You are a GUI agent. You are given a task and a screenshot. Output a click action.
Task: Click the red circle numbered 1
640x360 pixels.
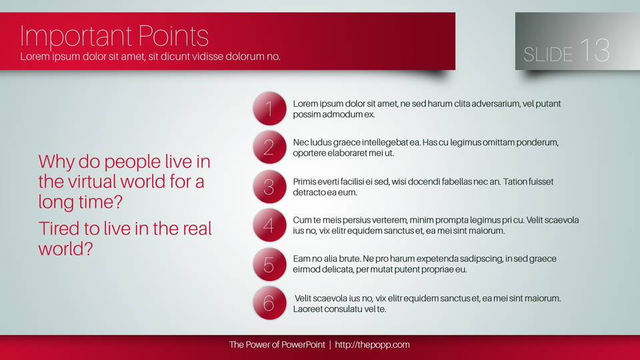click(269, 109)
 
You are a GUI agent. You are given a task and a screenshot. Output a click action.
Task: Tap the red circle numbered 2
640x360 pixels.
click(269, 147)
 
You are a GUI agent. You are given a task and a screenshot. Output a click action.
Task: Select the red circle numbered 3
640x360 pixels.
click(269, 187)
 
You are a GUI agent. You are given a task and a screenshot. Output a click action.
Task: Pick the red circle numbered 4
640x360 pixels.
click(269, 225)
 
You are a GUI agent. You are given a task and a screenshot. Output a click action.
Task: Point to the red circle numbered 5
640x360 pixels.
click(269, 265)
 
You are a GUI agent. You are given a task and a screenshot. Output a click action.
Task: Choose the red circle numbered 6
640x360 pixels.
click(269, 303)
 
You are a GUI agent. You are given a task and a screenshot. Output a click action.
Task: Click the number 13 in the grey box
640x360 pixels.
click(595, 50)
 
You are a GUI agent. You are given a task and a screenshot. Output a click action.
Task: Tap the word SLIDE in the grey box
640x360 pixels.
click(548, 55)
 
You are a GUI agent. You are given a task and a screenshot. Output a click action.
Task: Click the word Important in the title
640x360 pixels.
click(76, 37)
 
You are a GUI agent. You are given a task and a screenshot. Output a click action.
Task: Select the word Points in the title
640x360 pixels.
click(173, 36)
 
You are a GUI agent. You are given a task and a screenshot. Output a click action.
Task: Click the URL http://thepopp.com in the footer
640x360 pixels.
click(372, 345)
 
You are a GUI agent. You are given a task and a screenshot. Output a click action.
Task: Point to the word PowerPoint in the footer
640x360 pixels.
click(303, 345)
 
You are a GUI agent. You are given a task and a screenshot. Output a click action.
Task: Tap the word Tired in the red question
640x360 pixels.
click(59, 228)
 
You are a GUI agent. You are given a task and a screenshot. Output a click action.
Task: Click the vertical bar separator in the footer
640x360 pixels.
click(330, 345)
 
